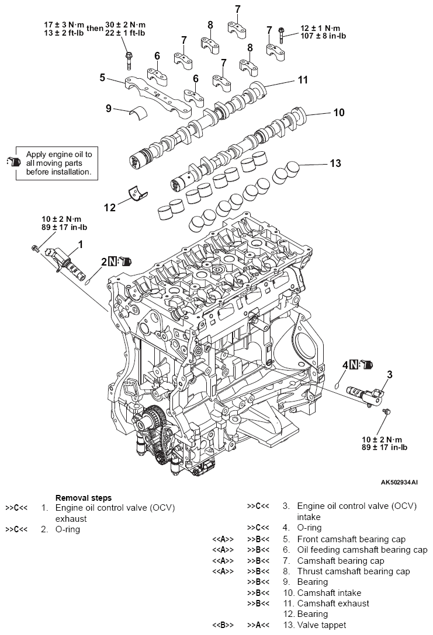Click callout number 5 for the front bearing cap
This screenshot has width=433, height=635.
[x=103, y=77]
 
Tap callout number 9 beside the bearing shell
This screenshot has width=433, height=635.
[x=109, y=108]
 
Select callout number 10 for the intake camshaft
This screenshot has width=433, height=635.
[x=339, y=112]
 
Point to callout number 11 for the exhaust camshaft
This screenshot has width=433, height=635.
[x=303, y=80]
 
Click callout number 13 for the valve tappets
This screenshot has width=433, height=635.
[x=335, y=163]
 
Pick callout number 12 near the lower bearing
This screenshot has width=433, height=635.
[x=110, y=207]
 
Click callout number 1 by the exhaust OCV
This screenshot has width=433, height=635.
[x=80, y=244]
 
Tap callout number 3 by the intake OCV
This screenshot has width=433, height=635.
[x=390, y=374]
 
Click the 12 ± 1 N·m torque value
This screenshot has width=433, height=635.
[x=320, y=29]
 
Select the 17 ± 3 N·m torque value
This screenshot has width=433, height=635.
[x=64, y=25]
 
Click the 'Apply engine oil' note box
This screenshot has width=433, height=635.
[x=57, y=163]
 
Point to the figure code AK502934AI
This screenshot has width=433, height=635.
[x=399, y=482]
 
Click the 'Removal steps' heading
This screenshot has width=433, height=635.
[x=84, y=498]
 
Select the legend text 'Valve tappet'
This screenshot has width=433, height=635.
[x=322, y=625]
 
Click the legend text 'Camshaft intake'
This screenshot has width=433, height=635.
[x=329, y=593]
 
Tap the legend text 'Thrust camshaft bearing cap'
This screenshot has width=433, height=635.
[x=354, y=571]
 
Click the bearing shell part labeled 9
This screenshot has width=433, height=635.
[x=138, y=112]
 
